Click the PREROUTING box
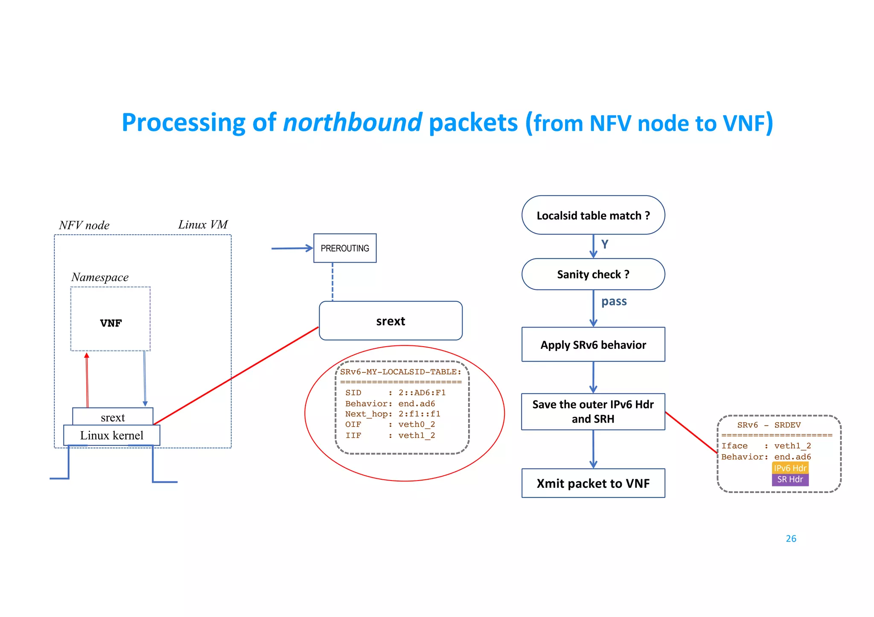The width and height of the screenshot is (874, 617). (x=345, y=248)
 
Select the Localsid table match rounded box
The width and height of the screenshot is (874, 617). (x=593, y=215)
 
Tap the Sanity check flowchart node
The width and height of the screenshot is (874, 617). (x=593, y=274)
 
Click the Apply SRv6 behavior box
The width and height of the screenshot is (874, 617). (x=593, y=345)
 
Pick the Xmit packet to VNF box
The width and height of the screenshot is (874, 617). (x=593, y=483)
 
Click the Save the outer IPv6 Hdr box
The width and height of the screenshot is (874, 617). (x=593, y=411)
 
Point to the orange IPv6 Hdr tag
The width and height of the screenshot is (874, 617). (x=790, y=468)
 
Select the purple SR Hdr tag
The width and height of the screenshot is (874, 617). (x=790, y=480)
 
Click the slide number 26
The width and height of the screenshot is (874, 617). (x=791, y=539)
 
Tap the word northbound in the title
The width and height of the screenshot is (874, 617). (x=353, y=123)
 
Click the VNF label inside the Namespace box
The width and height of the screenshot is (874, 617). (x=111, y=323)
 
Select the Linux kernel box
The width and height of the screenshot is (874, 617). (x=111, y=435)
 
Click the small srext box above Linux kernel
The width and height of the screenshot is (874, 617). (x=113, y=417)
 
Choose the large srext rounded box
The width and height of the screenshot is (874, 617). (x=390, y=321)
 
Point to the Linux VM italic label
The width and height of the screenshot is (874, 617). (x=203, y=225)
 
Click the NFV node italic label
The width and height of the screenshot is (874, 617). (x=84, y=225)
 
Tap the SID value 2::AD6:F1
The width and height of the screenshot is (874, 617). (x=422, y=393)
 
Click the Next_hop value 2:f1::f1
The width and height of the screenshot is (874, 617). (x=419, y=414)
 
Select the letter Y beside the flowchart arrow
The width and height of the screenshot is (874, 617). (x=605, y=244)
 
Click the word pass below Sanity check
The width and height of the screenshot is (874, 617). (x=614, y=301)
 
